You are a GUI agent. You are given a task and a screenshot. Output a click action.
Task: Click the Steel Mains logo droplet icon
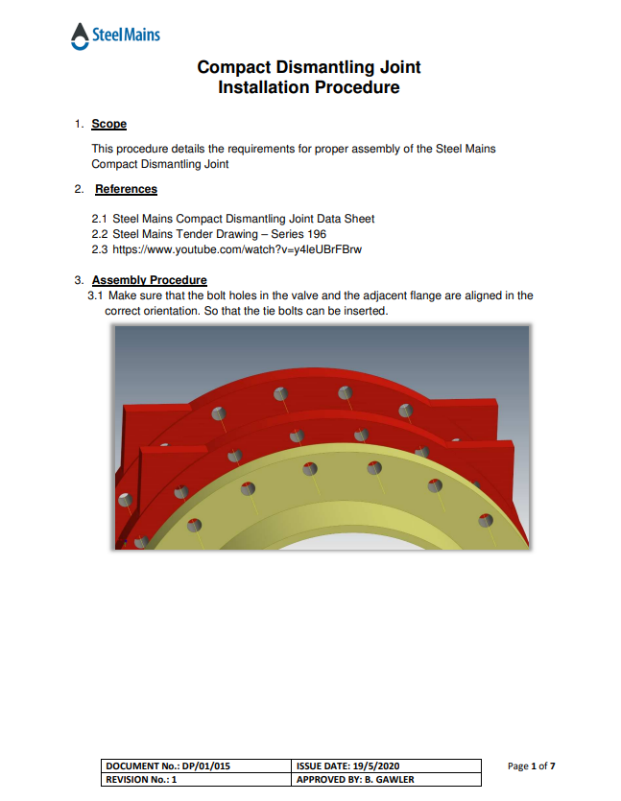pyautogui.click(x=80, y=36)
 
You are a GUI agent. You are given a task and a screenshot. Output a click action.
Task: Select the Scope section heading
pyautogui.click(x=108, y=124)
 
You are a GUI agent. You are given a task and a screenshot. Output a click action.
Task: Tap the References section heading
pyautogui.click(x=126, y=189)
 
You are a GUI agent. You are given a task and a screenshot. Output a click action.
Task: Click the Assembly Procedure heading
pyautogui.click(x=149, y=280)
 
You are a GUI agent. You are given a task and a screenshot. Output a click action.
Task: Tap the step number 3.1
pyautogui.click(x=95, y=295)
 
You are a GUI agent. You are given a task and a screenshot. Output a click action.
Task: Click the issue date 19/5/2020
pyautogui.click(x=370, y=766)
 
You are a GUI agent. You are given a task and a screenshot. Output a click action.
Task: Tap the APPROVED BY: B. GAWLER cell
pyautogui.click(x=356, y=780)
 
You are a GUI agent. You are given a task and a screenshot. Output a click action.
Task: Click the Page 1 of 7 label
pyautogui.click(x=531, y=766)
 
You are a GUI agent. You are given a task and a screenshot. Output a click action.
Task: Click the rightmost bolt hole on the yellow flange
pyautogui.click(x=485, y=521)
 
